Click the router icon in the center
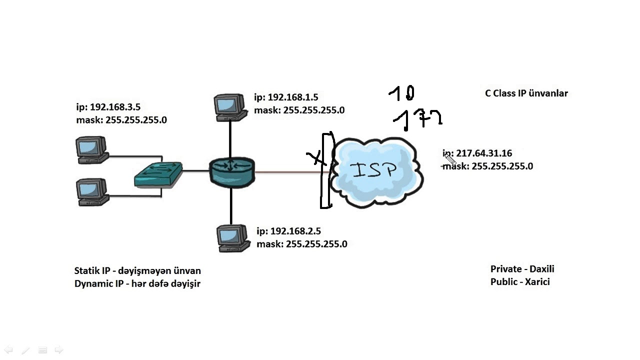pyautogui.click(x=232, y=171)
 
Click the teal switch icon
pyautogui.click(x=158, y=174)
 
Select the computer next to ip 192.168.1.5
pyautogui.click(x=230, y=107)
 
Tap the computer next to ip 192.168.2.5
pyautogui.click(x=233, y=238)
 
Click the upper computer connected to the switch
pyautogui.click(x=91, y=149)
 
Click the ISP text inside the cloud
pyautogui.click(x=375, y=170)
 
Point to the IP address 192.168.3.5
pyautogui.click(x=115, y=107)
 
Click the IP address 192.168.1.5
pyautogui.click(x=292, y=97)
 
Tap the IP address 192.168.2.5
pyautogui.click(x=295, y=231)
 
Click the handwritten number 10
pyautogui.click(x=402, y=93)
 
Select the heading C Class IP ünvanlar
pyautogui.click(x=526, y=93)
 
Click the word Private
pyautogui.click(x=506, y=269)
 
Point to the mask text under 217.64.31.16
pyautogui.click(x=488, y=166)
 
